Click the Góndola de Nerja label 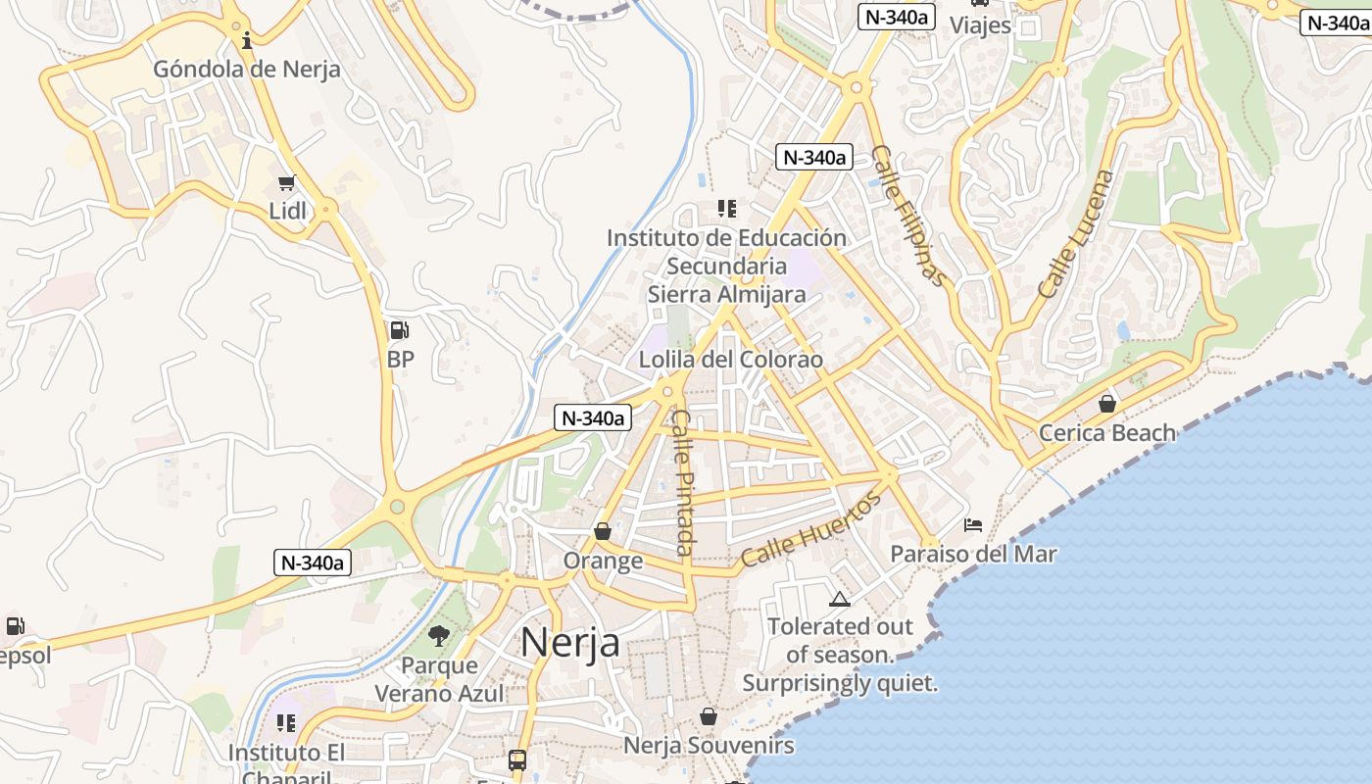click(x=247, y=70)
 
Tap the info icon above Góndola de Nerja click(x=247, y=40)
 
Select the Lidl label click(x=287, y=211)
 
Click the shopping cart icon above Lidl click(x=287, y=182)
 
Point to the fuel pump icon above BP click(x=400, y=330)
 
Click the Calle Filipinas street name click(x=910, y=217)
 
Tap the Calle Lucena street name click(x=1076, y=234)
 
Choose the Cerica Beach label click(x=1106, y=433)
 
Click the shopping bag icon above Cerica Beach click(x=1107, y=403)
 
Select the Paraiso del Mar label click(x=973, y=554)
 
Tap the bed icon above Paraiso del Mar click(x=973, y=525)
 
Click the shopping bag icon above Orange click(x=603, y=531)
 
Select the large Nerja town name click(x=569, y=643)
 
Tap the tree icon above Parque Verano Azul click(x=439, y=636)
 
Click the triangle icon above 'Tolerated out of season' click(x=839, y=599)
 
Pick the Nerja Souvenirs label click(x=709, y=746)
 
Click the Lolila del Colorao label click(x=731, y=360)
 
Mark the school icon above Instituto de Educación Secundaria click(x=726, y=208)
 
